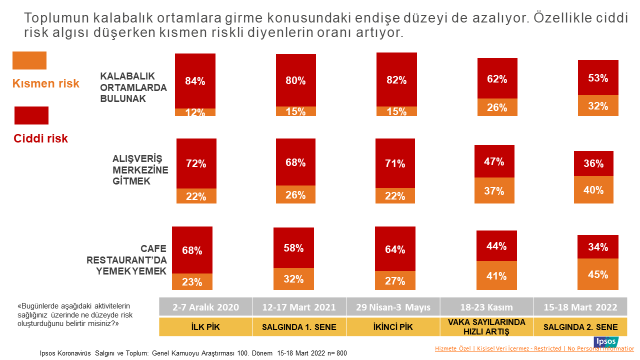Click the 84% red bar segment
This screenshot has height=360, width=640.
(x=195, y=80)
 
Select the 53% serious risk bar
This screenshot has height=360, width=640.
(x=598, y=78)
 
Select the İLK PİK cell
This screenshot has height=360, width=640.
(x=205, y=327)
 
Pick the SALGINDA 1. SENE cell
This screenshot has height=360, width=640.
(x=299, y=327)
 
